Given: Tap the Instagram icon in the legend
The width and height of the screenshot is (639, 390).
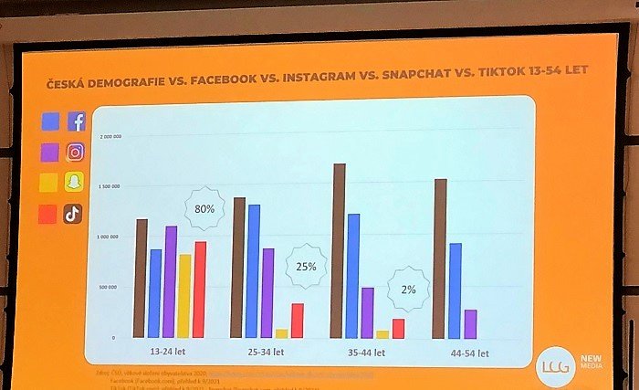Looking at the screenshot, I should [75, 153].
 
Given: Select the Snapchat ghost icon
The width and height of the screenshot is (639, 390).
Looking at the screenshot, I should [73, 184].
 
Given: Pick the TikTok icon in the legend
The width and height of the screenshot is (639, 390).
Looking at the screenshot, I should [73, 215].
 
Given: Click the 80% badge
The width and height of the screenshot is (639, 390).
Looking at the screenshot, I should [204, 208].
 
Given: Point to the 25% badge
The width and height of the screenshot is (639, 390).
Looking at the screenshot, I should [306, 267].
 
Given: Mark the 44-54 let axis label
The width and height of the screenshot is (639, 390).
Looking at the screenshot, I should [470, 353].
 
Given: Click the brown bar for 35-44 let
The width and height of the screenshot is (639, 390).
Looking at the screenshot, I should [339, 250].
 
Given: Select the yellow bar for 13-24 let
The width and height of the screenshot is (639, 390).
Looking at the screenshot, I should [184, 296].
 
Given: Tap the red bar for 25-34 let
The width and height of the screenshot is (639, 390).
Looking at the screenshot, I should [297, 320].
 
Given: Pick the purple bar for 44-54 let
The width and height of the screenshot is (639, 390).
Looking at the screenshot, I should [470, 323].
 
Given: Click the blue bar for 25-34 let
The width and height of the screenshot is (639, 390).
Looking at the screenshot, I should [254, 270].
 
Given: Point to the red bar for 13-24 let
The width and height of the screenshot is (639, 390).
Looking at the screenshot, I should [200, 289].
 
